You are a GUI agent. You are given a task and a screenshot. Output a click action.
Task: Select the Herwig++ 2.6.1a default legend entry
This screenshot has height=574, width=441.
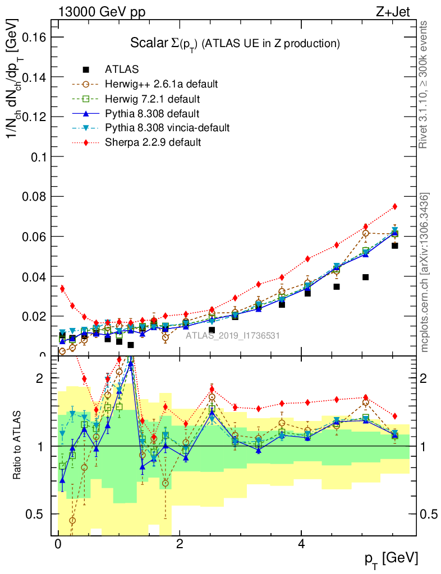[161, 85]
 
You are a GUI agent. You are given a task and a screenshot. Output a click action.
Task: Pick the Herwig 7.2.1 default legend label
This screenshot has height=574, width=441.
[153, 99]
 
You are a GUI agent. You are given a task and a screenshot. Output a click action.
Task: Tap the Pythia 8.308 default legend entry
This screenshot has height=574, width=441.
[153, 114]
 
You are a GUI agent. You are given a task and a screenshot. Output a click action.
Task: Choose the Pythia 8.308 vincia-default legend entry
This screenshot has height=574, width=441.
[167, 128]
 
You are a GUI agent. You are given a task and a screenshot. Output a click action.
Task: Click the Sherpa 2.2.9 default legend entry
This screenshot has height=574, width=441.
[153, 142]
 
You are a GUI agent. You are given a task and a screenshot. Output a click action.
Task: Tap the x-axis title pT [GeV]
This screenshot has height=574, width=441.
[392, 558]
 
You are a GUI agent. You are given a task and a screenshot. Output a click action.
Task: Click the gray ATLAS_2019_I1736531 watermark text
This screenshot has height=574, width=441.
[233, 336]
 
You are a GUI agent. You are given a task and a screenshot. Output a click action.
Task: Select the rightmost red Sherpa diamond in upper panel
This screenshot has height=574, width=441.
[395, 206]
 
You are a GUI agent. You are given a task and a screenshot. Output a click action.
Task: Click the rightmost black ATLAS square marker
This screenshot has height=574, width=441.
[395, 246]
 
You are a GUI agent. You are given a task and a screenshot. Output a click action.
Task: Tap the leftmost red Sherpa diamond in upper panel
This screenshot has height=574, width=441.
[62, 289]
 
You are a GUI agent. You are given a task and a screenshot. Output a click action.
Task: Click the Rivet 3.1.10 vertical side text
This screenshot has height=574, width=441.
[424, 84]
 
